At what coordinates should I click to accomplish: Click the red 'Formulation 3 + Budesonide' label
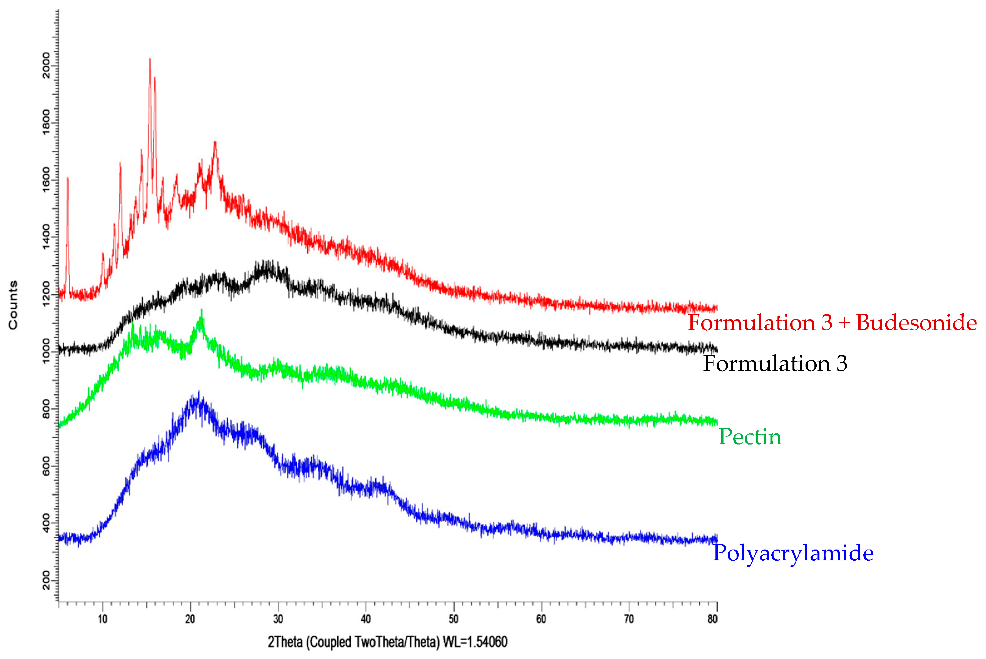(832, 323)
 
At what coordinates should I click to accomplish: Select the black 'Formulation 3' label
(775, 364)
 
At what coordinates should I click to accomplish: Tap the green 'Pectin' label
(750, 437)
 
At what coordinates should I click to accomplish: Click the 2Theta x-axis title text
(387, 642)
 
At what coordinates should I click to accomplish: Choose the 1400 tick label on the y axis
(46, 237)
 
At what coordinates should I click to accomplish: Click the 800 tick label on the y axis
(46, 408)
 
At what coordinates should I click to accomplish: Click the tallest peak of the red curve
(150, 60)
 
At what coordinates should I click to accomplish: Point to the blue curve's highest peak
(199, 393)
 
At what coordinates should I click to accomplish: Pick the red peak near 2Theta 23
(215, 143)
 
